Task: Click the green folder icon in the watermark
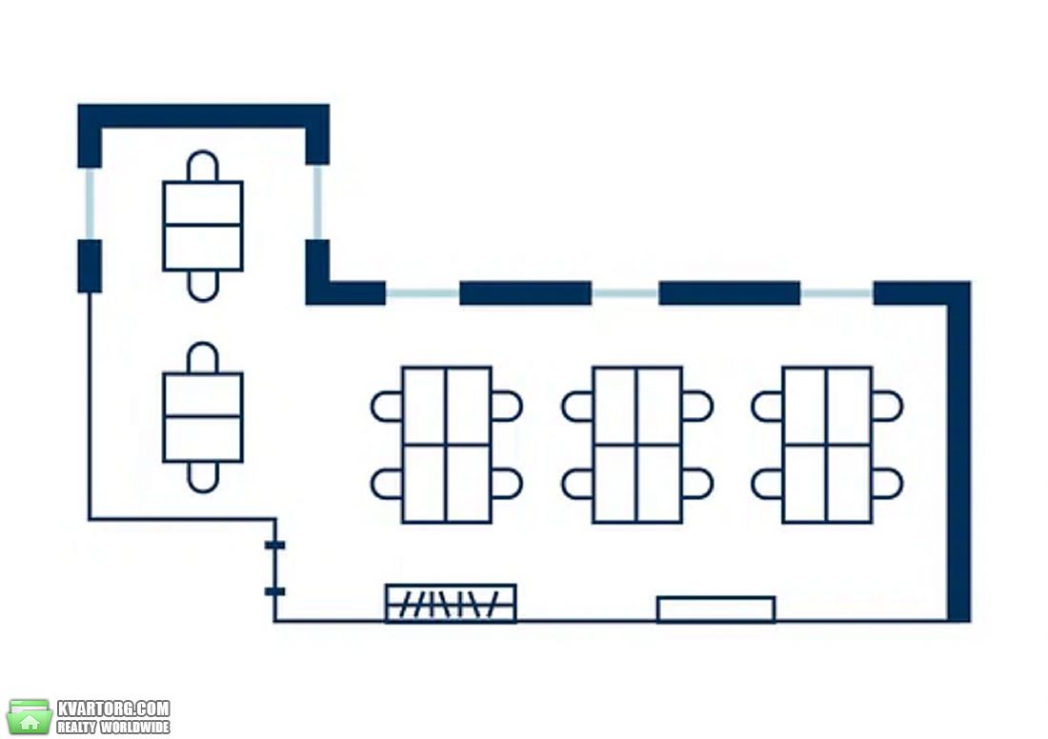(30, 717)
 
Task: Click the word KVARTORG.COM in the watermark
(113, 709)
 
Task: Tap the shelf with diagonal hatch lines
(451, 604)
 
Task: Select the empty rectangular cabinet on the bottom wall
(715, 609)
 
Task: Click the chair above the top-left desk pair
(203, 167)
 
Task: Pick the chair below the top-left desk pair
(203, 286)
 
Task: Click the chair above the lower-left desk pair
(203, 358)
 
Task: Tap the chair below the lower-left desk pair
(203, 477)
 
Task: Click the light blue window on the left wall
(90, 204)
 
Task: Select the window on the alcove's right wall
(317, 203)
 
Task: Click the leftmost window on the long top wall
(422, 293)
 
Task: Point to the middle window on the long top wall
(625, 293)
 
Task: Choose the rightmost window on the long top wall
(836, 293)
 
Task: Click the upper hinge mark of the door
(274, 546)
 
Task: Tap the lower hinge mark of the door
(274, 591)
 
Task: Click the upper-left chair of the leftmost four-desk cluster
(387, 407)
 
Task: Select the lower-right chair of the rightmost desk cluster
(887, 484)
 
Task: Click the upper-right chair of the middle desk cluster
(697, 407)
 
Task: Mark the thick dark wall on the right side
(958, 451)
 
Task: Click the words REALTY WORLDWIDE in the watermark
(113, 727)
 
